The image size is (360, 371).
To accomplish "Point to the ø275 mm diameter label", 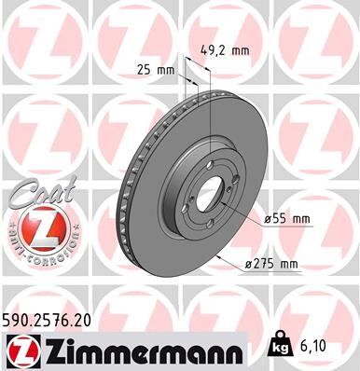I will (270, 264).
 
